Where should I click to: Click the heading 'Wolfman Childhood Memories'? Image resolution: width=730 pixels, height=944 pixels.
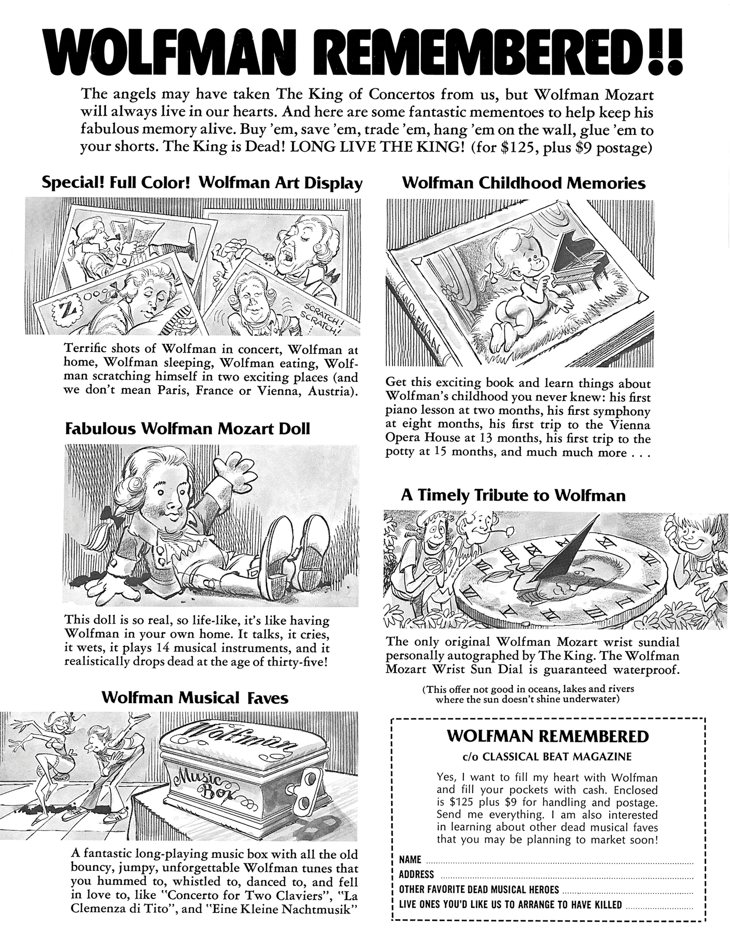point(523,183)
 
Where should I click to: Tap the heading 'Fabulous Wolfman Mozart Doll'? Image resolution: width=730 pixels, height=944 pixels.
point(187,429)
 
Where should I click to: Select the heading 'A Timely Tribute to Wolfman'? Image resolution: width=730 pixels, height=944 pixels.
point(513,495)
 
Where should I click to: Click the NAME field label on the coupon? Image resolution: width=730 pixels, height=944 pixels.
point(410,860)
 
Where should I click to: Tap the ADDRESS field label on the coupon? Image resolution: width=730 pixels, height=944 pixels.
point(416,874)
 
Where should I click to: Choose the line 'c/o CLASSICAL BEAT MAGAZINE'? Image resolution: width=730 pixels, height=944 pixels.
point(547,756)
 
